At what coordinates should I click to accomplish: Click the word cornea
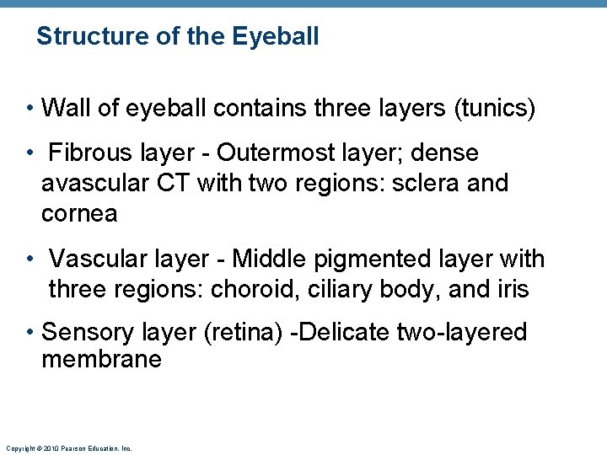(79, 213)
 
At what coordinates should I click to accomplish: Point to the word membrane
(101, 360)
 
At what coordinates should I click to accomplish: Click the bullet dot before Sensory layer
(31, 332)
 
